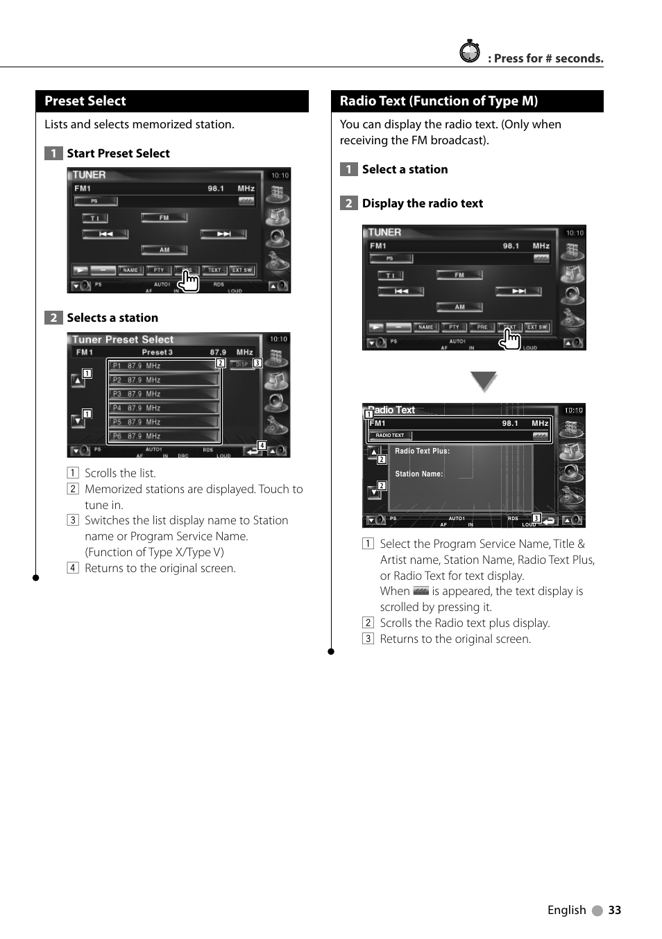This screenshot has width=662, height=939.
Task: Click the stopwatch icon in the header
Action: (470, 52)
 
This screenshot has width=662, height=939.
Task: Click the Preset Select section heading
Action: (85, 101)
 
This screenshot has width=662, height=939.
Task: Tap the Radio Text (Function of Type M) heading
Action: (439, 101)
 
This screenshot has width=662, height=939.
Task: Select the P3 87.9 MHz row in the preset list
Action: (164, 394)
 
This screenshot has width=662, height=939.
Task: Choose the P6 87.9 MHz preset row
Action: (164, 436)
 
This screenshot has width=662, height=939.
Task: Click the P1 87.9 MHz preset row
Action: (164, 366)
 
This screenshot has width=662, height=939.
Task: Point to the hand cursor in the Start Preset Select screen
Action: (189, 280)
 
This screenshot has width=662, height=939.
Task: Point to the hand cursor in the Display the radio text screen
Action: (511, 338)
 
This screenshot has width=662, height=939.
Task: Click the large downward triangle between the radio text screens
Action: (484, 381)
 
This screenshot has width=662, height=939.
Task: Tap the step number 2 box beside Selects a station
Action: (53, 318)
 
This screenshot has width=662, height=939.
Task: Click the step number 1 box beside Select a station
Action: (348, 169)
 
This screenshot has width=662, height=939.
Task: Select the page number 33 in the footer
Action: (614, 911)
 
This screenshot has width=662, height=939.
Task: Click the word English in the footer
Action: (566, 911)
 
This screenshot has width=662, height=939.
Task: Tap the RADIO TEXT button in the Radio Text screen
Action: (390, 436)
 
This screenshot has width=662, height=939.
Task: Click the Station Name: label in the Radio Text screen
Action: (418, 474)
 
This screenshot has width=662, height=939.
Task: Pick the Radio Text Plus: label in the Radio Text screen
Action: (422, 451)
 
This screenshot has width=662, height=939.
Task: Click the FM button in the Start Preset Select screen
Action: (164, 218)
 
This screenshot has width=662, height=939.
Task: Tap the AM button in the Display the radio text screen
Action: (459, 307)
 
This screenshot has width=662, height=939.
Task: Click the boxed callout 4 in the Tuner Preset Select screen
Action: (262, 445)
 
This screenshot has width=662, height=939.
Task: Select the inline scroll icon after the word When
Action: (421, 591)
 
